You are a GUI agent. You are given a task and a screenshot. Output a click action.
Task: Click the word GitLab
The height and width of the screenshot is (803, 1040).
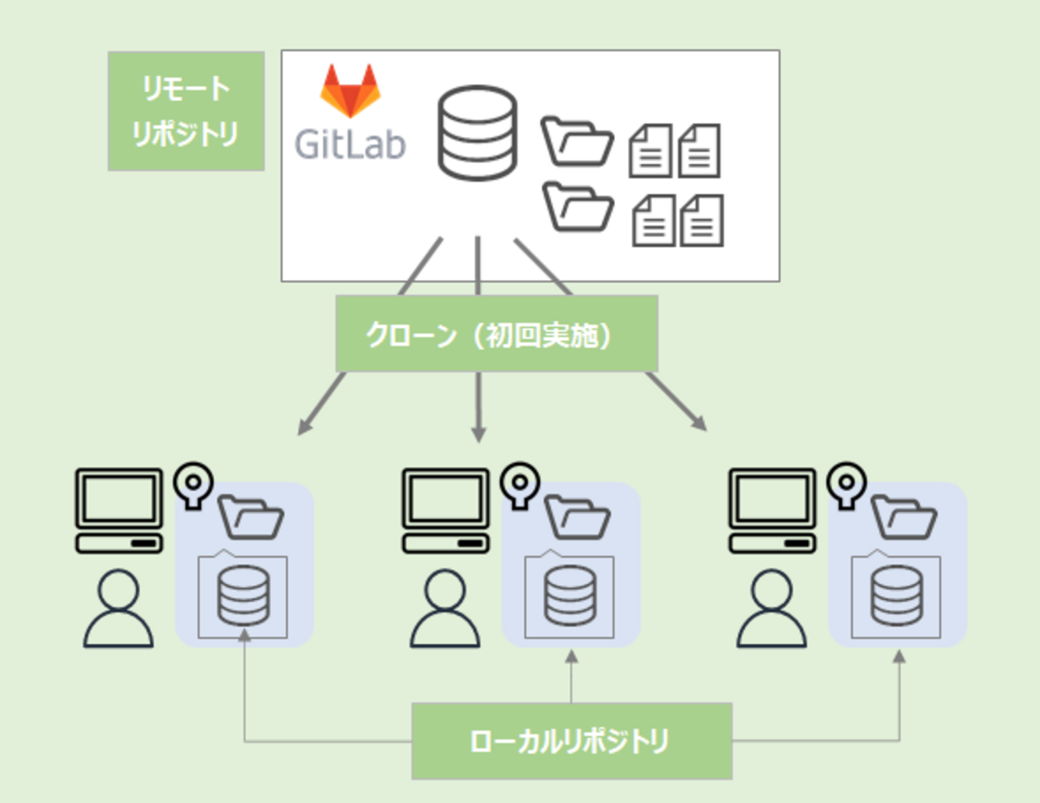click(350, 144)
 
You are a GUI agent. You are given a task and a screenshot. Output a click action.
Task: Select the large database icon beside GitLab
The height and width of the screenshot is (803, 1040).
click(477, 133)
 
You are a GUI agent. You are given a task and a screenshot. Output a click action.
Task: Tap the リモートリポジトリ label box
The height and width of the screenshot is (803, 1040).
click(186, 111)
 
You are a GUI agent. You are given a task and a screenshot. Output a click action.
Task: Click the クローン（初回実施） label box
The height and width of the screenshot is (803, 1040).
click(497, 334)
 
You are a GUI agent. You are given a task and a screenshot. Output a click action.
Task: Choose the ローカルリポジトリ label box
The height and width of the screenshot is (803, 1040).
click(571, 741)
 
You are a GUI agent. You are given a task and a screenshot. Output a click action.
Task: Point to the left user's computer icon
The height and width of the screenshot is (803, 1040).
click(119, 510)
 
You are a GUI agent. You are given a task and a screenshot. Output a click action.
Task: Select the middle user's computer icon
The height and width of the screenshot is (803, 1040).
click(446, 510)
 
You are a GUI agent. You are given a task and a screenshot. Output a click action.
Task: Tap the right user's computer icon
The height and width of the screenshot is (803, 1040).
click(772, 510)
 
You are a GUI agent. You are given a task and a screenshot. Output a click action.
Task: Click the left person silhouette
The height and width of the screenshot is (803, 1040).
click(118, 609)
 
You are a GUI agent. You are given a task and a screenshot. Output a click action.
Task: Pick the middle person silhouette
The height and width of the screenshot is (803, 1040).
click(445, 609)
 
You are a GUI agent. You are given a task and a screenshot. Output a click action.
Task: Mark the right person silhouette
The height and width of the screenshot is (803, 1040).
click(771, 609)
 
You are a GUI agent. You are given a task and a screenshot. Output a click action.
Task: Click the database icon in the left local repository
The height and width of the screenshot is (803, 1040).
click(243, 595)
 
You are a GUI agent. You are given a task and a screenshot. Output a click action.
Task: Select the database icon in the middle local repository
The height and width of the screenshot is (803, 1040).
click(570, 595)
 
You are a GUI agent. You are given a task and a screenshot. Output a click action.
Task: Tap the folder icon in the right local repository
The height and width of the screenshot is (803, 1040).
click(903, 517)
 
